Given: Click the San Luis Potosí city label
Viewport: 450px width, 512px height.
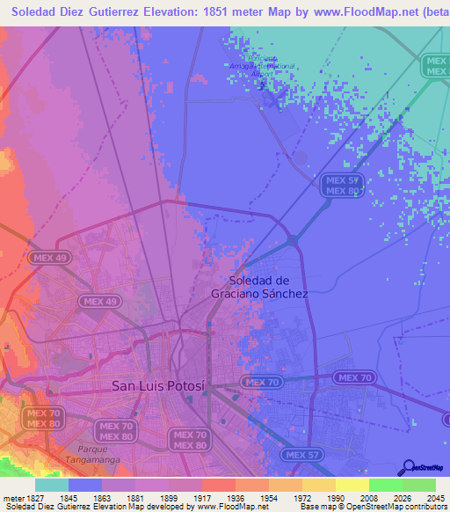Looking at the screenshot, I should click(x=158, y=385).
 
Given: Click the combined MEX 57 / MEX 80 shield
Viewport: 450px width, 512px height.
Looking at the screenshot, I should click(x=340, y=185).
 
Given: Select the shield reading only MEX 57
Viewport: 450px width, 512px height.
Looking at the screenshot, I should click(x=302, y=455).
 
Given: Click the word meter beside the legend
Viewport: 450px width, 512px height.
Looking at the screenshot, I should click(x=11, y=499).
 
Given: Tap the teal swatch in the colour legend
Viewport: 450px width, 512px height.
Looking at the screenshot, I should click(x=52, y=485).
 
